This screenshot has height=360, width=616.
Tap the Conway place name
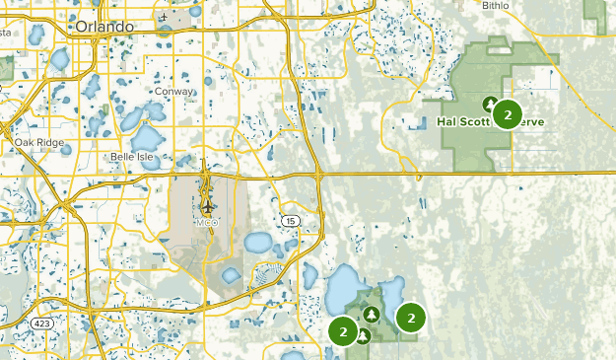click(173, 91)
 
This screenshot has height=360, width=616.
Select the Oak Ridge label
click(38, 143)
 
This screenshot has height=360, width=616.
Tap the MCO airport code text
click(206, 222)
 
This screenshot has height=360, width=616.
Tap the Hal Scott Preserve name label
click(490, 123)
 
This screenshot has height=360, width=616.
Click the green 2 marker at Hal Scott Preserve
click(507, 114)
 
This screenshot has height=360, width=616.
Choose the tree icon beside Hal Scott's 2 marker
click(490, 103)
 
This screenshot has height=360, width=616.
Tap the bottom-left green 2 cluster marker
click(343, 331)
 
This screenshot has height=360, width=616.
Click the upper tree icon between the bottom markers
click(371, 315)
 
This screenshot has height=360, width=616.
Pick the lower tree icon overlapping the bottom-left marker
click(363, 335)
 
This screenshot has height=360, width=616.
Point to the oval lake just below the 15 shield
click(258, 242)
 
